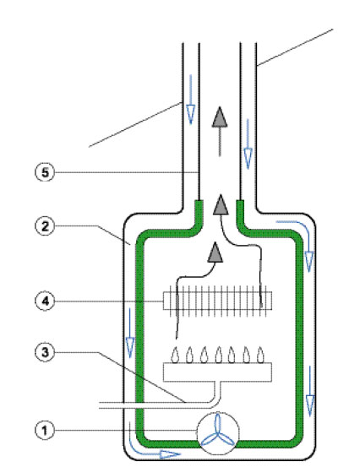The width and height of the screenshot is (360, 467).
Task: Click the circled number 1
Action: pyautogui.click(x=45, y=431)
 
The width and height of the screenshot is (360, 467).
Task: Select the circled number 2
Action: pyautogui.click(x=45, y=226)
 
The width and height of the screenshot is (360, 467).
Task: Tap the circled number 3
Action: pyautogui.click(x=45, y=353)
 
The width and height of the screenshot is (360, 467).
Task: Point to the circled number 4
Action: pyautogui.click(x=45, y=301)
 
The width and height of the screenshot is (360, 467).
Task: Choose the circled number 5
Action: pyautogui.click(x=45, y=172)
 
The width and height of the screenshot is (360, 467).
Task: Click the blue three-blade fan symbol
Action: pyautogui.click(x=218, y=432)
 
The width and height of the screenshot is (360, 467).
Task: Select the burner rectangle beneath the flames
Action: pyautogui.click(x=217, y=372)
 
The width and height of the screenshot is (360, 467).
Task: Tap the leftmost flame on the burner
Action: pyautogui.click(x=175, y=355)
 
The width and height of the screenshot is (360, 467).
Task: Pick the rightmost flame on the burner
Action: pyautogui.click(x=260, y=355)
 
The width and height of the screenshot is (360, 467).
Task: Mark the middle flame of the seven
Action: pyautogui.click(x=218, y=355)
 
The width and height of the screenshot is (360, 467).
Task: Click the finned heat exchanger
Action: pyautogui.click(x=217, y=301)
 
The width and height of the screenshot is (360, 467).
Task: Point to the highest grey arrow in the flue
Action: pyautogui.click(x=220, y=132)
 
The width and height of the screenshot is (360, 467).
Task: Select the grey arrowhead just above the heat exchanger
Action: pyautogui.click(x=215, y=253)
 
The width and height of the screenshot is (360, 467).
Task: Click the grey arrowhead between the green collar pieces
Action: pyautogui.click(x=221, y=204)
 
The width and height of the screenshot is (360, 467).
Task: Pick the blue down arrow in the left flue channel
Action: pyautogui.click(x=190, y=99)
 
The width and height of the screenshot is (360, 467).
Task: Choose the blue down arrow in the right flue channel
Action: pyautogui.click(x=248, y=144)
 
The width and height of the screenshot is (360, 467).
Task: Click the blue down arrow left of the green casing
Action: pyautogui.click(x=130, y=333)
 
